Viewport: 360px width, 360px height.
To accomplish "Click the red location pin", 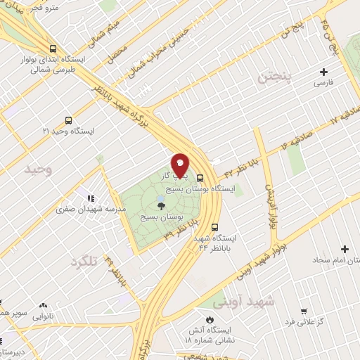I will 180,165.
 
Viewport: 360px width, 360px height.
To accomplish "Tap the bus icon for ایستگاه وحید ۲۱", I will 67,120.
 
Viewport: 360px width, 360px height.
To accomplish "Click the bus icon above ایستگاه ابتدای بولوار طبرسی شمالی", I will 53,49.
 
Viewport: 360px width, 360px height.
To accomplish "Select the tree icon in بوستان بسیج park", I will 162,206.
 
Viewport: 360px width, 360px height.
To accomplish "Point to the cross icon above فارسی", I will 323,72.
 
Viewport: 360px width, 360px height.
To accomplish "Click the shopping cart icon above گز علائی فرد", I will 304,311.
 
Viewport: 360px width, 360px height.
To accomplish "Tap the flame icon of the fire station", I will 208,310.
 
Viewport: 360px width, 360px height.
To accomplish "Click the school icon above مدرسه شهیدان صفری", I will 91,192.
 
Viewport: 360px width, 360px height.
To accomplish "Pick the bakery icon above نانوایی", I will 44,306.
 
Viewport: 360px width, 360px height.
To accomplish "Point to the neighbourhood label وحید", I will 38,170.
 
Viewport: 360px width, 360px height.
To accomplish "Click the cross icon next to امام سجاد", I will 345,249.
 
